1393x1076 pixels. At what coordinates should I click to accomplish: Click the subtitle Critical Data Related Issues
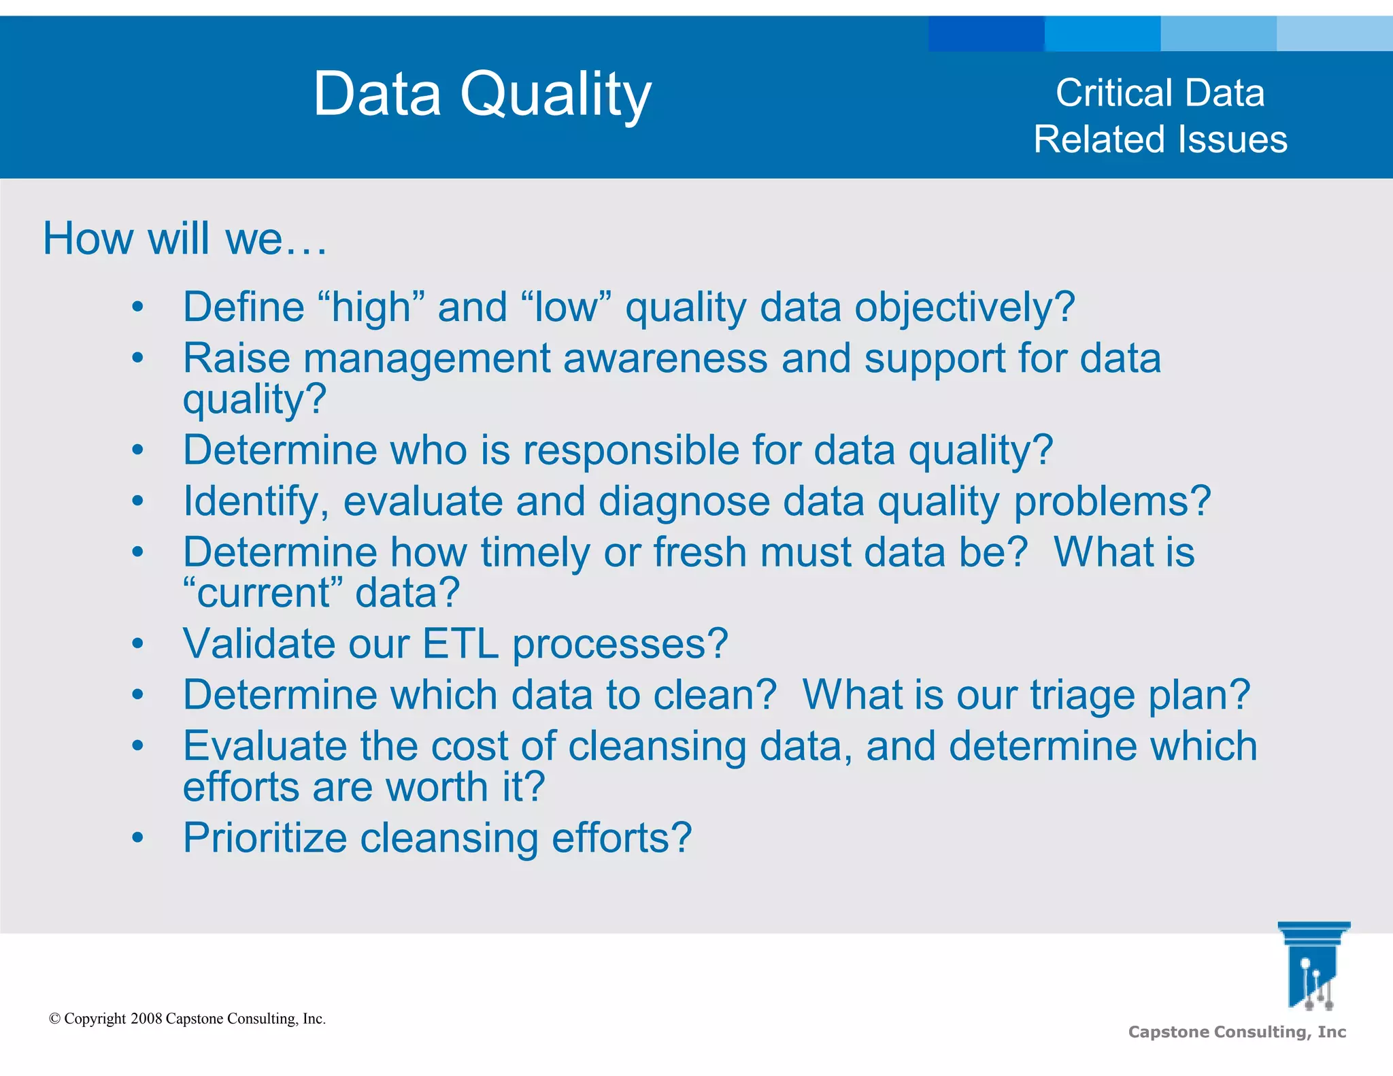tap(1160, 116)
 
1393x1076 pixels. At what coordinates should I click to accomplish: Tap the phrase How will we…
tap(184, 239)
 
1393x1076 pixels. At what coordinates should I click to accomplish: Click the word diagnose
tap(684, 502)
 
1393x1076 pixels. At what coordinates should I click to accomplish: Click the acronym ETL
tap(460, 643)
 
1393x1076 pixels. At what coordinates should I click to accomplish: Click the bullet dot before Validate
tap(138, 643)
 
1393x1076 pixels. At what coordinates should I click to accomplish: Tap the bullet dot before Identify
tap(138, 501)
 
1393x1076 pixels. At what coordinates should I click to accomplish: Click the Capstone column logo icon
tap(1313, 966)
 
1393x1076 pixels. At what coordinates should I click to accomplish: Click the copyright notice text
tap(188, 1018)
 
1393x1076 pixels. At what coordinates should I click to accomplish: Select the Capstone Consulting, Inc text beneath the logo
tap(1237, 1032)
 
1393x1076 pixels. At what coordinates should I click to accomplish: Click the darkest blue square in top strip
tap(986, 34)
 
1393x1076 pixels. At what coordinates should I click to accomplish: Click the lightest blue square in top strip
tap(1335, 34)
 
